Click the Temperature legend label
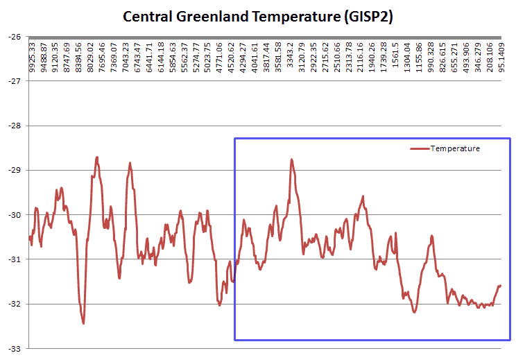(x=455, y=148)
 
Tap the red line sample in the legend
(x=420, y=148)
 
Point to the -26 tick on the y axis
(x=13, y=37)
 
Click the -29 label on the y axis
(x=13, y=170)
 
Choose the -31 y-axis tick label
(x=13, y=259)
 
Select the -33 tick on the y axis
(x=13, y=348)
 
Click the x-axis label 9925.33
(x=32, y=55)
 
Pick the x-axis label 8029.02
(x=91, y=55)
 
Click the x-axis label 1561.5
(x=395, y=55)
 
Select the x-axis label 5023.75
(x=209, y=55)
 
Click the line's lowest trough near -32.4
(x=83, y=323)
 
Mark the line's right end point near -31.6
(x=499, y=285)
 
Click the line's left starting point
(x=29, y=238)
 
